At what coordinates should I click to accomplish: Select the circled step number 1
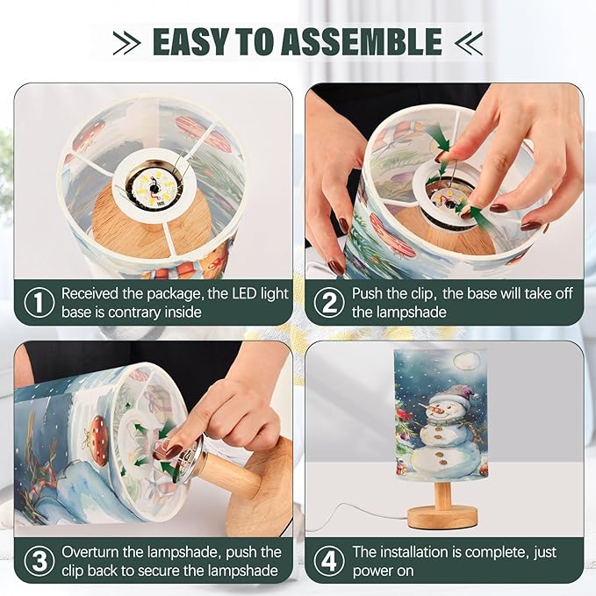(x=39, y=303)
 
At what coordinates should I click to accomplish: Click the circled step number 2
(x=329, y=303)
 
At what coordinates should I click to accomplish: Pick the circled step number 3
(x=39, y=561)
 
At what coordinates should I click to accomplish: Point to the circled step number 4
(x=329, y=561)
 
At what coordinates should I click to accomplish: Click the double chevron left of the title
(x=127, y=43)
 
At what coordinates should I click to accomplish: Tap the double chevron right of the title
(x=469, y=43)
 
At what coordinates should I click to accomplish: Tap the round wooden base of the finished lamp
(x=442, y=518)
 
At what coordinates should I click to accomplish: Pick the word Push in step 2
(x=366, y=294)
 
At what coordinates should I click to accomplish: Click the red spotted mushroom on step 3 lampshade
(x=98, y=440)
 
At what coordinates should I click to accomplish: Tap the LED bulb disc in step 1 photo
(x=154, y=186)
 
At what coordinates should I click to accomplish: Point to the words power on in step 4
(x=383, y=571)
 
